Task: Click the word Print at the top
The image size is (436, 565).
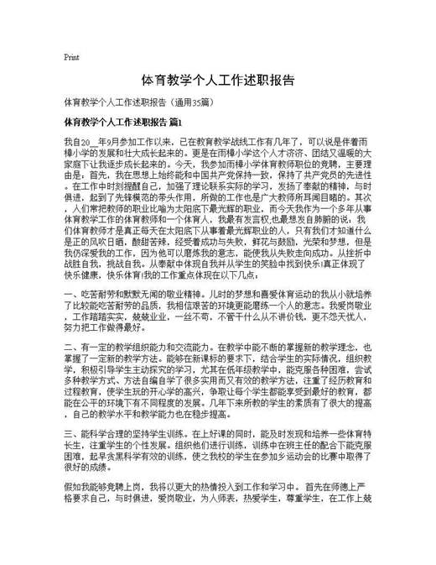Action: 71,58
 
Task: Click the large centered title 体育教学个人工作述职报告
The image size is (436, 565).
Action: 217,81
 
